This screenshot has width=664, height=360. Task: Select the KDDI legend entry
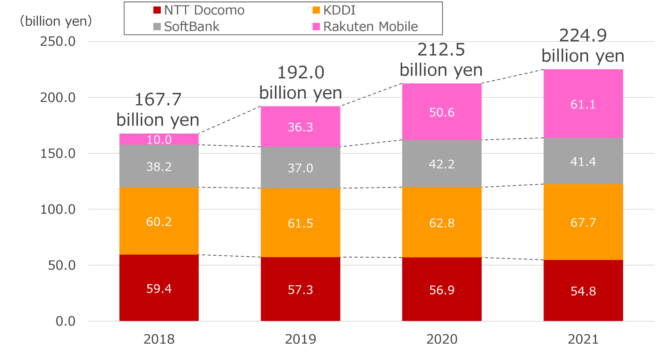335,10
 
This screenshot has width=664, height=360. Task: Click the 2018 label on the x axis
159,339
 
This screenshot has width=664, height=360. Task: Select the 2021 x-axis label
583,339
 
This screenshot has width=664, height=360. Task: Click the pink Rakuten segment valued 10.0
159,139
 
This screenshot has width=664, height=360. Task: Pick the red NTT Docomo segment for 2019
301,289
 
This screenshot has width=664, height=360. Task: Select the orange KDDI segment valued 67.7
583,222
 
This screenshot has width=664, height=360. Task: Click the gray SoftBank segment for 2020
442,164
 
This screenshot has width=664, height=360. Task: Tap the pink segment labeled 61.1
583,104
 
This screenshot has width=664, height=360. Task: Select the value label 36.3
301,126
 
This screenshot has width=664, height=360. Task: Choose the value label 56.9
442,290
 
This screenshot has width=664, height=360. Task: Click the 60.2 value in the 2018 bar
159,221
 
